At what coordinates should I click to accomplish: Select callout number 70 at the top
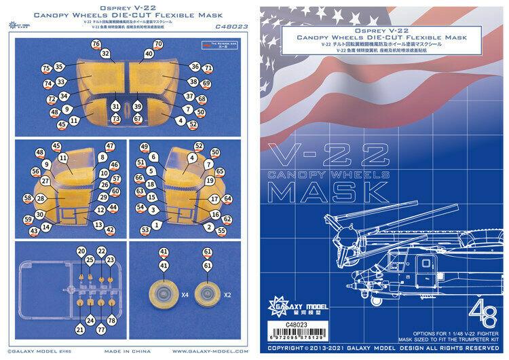159,43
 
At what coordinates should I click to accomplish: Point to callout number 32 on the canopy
105,53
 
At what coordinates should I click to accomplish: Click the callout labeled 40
149,53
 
